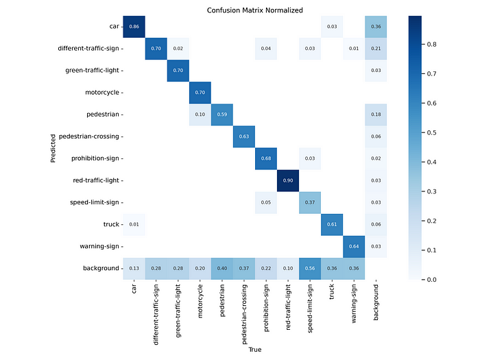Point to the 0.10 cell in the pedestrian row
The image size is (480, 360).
pos(200,115)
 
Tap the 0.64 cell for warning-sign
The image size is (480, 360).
pos(354,247)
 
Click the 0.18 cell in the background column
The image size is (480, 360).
pos(376,115)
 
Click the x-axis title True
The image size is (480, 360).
pos(254,349)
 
